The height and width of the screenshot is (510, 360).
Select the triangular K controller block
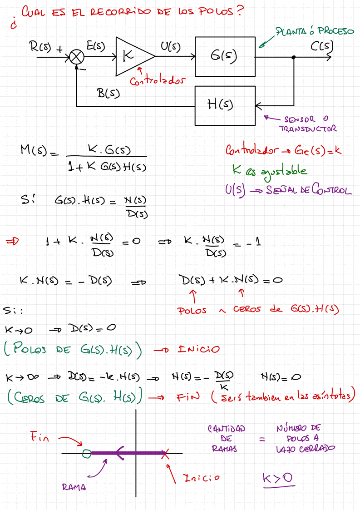coord(132,57)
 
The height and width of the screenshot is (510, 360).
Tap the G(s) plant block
coord(225,57)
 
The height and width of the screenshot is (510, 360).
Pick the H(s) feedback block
coord(225,105)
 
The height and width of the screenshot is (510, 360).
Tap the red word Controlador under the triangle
coord(158,81)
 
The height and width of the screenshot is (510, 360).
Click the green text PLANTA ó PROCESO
coord(315,32)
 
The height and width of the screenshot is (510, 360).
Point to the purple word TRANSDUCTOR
coord(308,129)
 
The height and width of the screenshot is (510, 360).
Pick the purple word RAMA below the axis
coord(73,488)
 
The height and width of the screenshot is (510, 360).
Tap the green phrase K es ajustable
coord(269,170)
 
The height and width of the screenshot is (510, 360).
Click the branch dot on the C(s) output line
coord(294,57)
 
